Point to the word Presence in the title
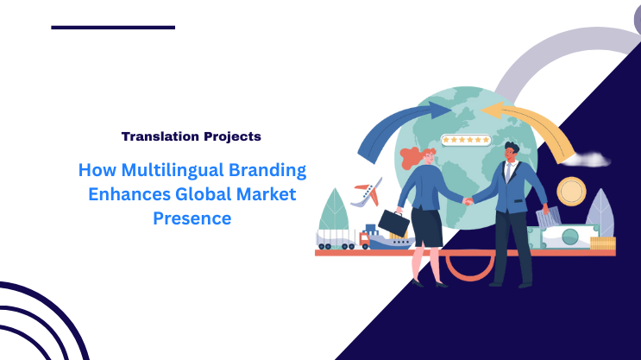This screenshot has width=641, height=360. [192, 218]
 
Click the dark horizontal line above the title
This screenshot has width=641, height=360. [113, 28]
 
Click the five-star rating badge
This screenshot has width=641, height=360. [465, 139]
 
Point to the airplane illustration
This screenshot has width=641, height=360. [366, 191]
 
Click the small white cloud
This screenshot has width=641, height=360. [590, 159]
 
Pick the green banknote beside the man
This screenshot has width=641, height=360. [569, 236]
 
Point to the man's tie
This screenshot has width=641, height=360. [509, 174]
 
